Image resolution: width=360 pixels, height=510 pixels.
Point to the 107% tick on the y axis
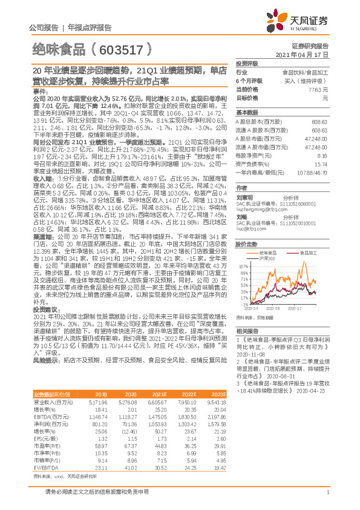coord(243,265)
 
